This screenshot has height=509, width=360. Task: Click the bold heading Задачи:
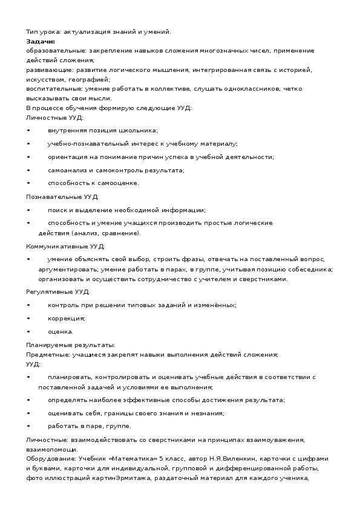[41, 41]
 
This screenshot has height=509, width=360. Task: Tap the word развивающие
[46, 70]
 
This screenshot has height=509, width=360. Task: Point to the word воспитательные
[50, 89]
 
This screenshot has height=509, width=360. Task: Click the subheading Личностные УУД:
[55, 117]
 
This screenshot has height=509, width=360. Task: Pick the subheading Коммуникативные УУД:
[65, 246]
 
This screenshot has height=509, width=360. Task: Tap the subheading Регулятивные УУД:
[58, 291]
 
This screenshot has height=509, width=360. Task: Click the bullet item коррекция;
[66, 318]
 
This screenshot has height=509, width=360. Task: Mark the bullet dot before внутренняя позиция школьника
[28, 131]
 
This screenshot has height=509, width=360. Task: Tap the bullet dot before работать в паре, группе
[28, 426]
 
